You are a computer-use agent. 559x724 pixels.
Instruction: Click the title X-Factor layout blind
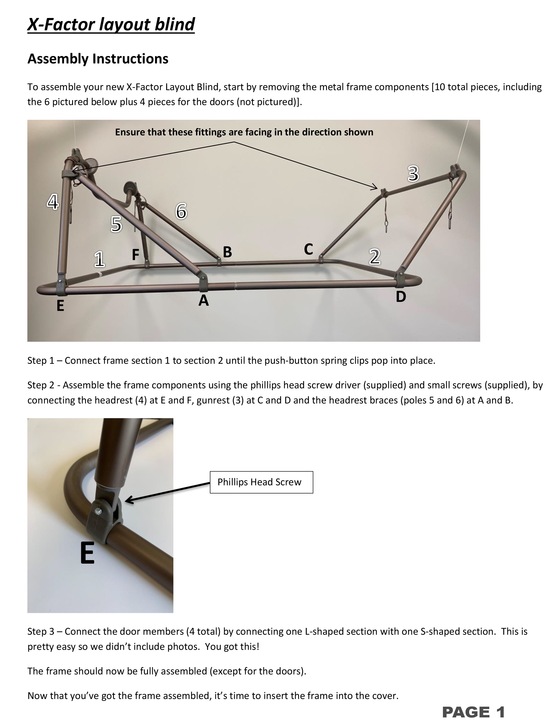pyautogui.click(x=111, y=25)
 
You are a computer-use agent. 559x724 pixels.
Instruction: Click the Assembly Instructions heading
pyautogui.click(x=98, y=59)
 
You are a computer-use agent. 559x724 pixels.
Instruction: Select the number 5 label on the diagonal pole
pyautogui.click(x=116, y=224)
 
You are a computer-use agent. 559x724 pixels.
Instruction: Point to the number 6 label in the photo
pyautogui.click(x=181, y=211)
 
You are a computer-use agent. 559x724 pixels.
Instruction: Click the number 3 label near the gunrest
pyautogui.click(x=413, y=174)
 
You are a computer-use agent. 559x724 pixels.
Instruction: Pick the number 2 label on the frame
pyautogui.click(x=375, y=257)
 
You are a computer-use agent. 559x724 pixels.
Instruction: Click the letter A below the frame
pyautogui.click(x=204, y=301)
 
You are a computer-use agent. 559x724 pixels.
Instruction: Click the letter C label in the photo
pyautogui.click(x=308, y=249)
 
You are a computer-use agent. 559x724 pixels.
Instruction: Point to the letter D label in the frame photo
pyautogui.click(x=401, y=297)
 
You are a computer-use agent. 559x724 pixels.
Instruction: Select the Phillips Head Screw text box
pyautogui.click(x=261, y=482)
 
